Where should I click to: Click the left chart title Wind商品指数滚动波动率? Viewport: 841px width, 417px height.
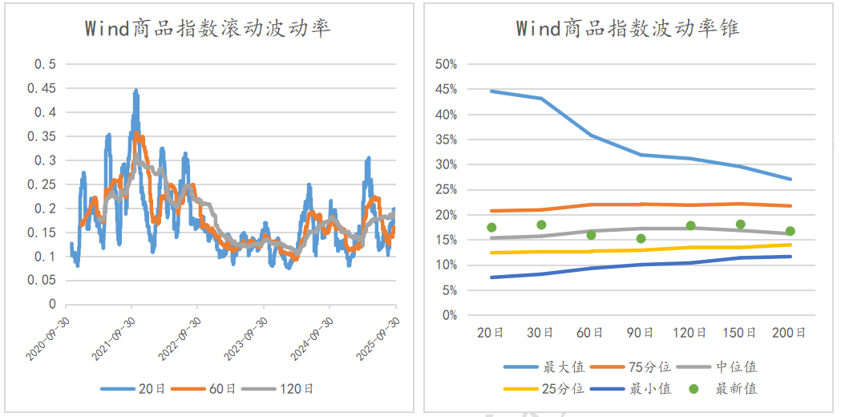point(208,29)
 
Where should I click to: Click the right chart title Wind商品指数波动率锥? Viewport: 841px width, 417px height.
point(628,29)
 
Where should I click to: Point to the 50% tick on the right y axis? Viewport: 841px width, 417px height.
point(445,64)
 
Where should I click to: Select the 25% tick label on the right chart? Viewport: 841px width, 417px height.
point(445,189)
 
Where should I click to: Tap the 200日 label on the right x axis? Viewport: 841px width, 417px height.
point(790,332)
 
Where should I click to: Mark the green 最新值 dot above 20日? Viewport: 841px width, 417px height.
point(491,228)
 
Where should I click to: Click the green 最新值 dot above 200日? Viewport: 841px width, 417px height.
point(790,231)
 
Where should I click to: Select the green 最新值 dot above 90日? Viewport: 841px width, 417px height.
point(641,238)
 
